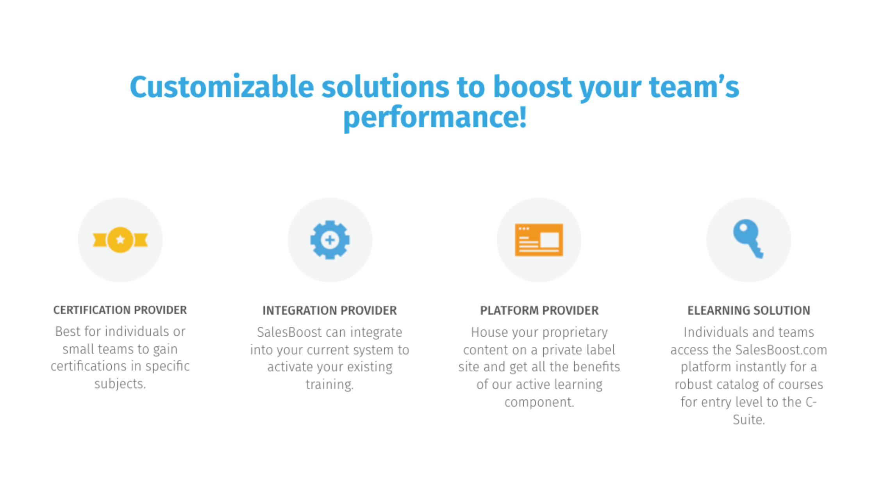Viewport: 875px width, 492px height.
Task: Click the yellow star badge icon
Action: click(x=120, y=240)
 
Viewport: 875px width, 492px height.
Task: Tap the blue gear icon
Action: click(x=330, y=240)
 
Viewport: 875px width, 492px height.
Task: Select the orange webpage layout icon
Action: click(x=539, y=240)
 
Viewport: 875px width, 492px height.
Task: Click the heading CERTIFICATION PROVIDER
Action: click(x=120, y=310)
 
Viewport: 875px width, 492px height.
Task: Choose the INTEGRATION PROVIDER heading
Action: click(x=330, y=310)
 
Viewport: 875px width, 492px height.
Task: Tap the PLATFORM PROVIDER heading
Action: click(x=539, y=310)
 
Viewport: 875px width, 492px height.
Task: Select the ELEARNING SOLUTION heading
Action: click(x=749, y=310)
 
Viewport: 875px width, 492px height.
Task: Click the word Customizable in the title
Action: click(x=222, y=87)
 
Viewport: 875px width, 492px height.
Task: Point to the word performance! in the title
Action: click(x=435, y=118)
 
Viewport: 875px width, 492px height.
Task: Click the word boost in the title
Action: click(x=532, y=87)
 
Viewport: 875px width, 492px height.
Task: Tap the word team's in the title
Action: click(x=694, y=87)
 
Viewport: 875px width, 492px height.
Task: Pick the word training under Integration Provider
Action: click(x=329, y=385)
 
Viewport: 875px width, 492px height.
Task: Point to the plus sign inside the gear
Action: click(x=330, y=240)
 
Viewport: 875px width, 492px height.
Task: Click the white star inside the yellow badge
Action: click(x=120, y=239)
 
